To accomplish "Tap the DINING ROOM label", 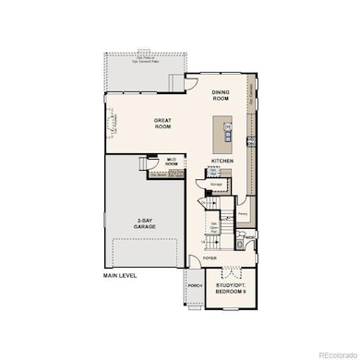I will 220,94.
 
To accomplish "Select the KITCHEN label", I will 222,161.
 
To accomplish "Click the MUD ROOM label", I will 171,162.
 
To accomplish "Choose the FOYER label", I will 210,258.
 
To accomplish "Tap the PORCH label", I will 194,285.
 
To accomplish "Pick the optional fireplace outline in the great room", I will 116,122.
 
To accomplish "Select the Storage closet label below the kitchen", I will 216,184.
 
